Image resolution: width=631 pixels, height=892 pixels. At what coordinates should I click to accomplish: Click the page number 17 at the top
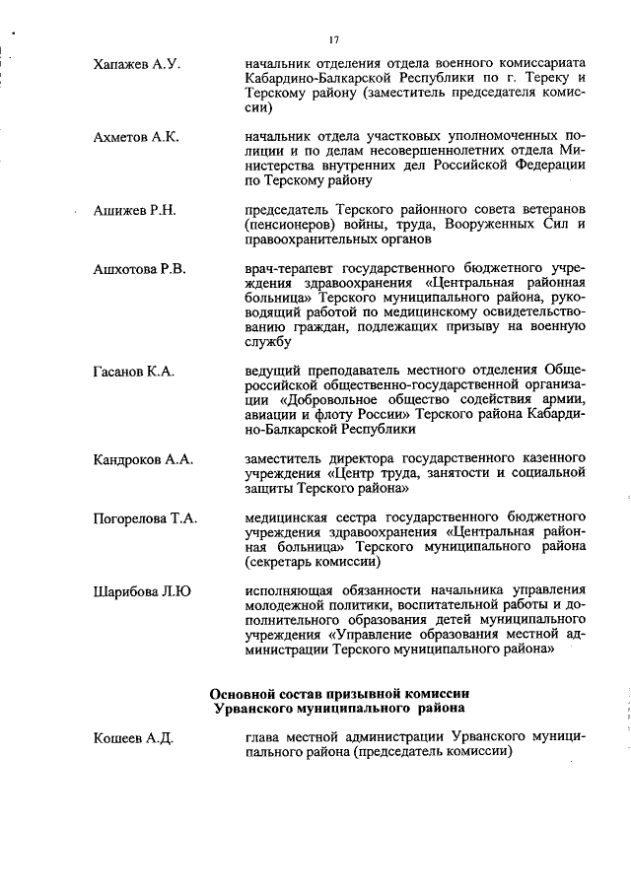pos(335,39)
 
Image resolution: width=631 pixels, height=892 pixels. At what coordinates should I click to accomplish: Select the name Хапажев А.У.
pos(135,62)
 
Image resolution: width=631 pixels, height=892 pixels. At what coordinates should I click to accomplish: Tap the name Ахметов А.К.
pos(136,137)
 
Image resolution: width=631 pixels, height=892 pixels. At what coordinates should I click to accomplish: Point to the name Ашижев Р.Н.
pos(134,211)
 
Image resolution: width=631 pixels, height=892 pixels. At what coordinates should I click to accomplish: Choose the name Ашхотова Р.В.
pos(140,268)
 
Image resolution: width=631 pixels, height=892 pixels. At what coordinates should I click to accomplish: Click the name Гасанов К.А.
pos(133,371)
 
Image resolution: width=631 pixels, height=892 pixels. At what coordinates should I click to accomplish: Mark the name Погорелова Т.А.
pos(146,518)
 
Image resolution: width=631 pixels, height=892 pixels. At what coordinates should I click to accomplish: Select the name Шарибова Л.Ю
pos(142,591)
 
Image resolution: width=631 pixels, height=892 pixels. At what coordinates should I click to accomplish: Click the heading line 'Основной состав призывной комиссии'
pos(339,692)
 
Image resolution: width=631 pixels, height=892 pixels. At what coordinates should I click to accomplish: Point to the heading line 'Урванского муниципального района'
pos(339,708)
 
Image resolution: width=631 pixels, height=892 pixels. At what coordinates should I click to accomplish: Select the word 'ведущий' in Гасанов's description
pos(272,371)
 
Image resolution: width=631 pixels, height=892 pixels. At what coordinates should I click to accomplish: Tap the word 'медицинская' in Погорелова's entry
pos(291,517)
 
